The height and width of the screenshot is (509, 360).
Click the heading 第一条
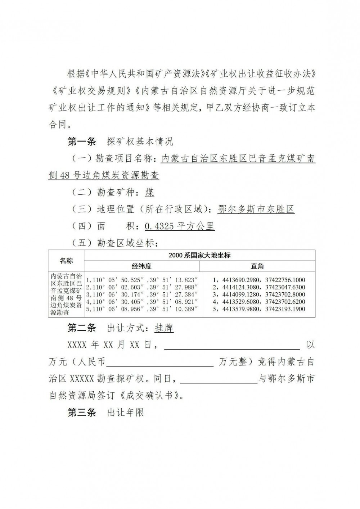[x=82, y=141]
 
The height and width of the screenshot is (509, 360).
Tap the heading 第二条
[x=82, y=328]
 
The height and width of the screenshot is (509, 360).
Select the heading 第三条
[x=82, y=413]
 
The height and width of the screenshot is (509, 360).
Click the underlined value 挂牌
[x=164, y=328]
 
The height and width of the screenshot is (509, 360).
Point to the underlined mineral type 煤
[x=150, y=193]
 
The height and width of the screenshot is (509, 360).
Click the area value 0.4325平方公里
[x=180, y=226]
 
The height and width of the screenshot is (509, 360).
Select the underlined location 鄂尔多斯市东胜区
[x=256, y=210]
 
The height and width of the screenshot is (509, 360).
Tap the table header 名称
[x=66, y=261]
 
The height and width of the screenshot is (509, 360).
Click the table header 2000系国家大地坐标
[x=199, y=256]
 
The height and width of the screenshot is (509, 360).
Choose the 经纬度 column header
[x=141, y=266]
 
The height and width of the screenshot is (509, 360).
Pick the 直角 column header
[x=257, y=266]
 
